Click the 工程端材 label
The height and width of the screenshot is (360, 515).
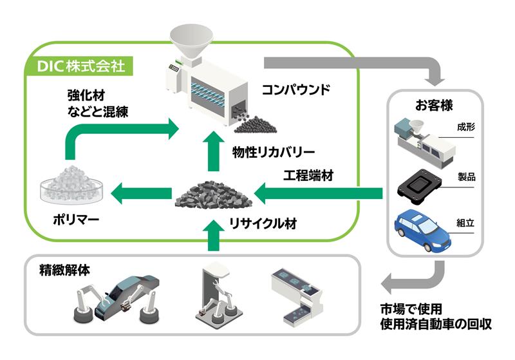[x=308, y=175]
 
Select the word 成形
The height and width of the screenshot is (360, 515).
[x=465, y=126]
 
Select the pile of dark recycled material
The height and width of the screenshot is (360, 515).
[x=211, y=193]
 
